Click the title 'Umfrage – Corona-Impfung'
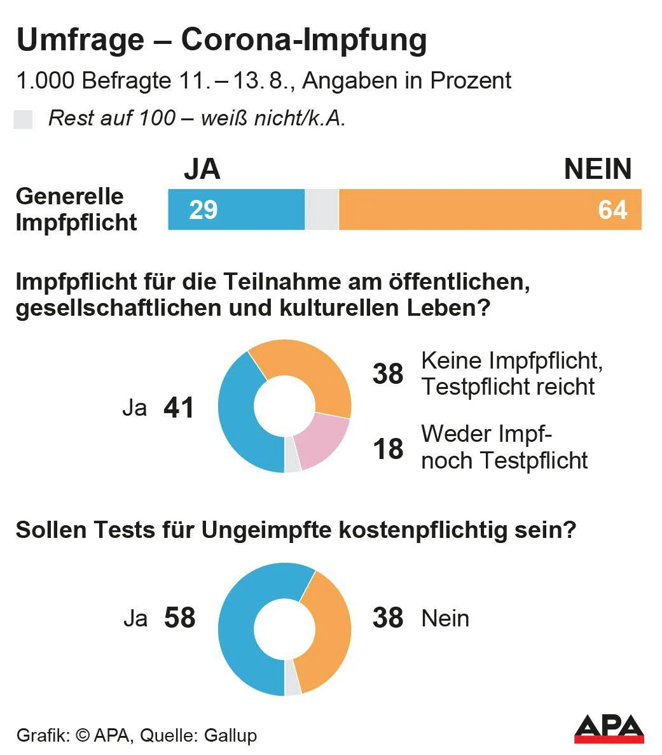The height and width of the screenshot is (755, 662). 221,40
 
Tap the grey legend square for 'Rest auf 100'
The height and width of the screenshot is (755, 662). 23,120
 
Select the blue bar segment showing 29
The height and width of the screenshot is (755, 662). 236,209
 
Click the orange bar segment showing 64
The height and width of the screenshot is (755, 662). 490,209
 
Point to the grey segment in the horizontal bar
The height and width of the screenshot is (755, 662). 322,209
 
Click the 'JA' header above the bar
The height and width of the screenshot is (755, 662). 202,169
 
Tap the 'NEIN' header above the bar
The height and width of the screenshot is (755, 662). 598,169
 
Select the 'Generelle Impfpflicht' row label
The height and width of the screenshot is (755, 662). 76,209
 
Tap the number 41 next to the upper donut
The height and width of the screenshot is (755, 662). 179,408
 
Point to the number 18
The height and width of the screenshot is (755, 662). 388,449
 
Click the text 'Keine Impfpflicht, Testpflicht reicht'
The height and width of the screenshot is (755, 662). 512,374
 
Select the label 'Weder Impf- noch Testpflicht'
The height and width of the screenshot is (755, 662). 504,447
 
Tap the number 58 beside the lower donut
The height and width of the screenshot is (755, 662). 179,618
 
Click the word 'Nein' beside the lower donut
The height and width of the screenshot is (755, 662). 445,618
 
